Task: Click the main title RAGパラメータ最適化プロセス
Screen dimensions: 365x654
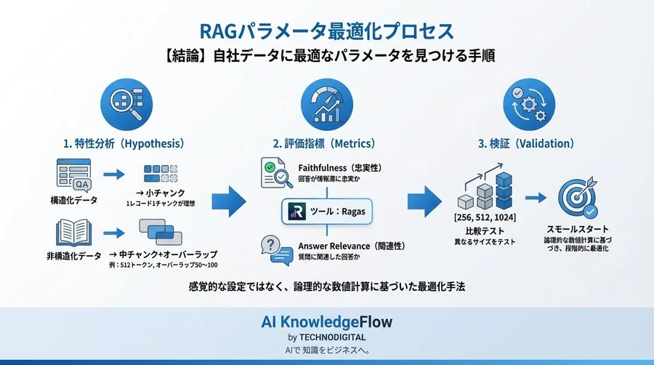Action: point(326,31)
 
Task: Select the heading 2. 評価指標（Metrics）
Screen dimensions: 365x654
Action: point(326,143)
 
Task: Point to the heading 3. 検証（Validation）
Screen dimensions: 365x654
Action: point(526,143)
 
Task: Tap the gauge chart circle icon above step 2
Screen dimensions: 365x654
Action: point(326,103)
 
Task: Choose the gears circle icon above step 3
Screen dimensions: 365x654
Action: point(525,103)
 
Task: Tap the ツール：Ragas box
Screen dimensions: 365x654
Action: point(326,212)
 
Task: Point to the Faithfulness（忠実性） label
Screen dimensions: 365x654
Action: point(339,168)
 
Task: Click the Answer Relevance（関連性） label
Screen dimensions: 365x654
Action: point(349,246)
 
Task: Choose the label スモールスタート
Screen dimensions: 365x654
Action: point(578,228)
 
